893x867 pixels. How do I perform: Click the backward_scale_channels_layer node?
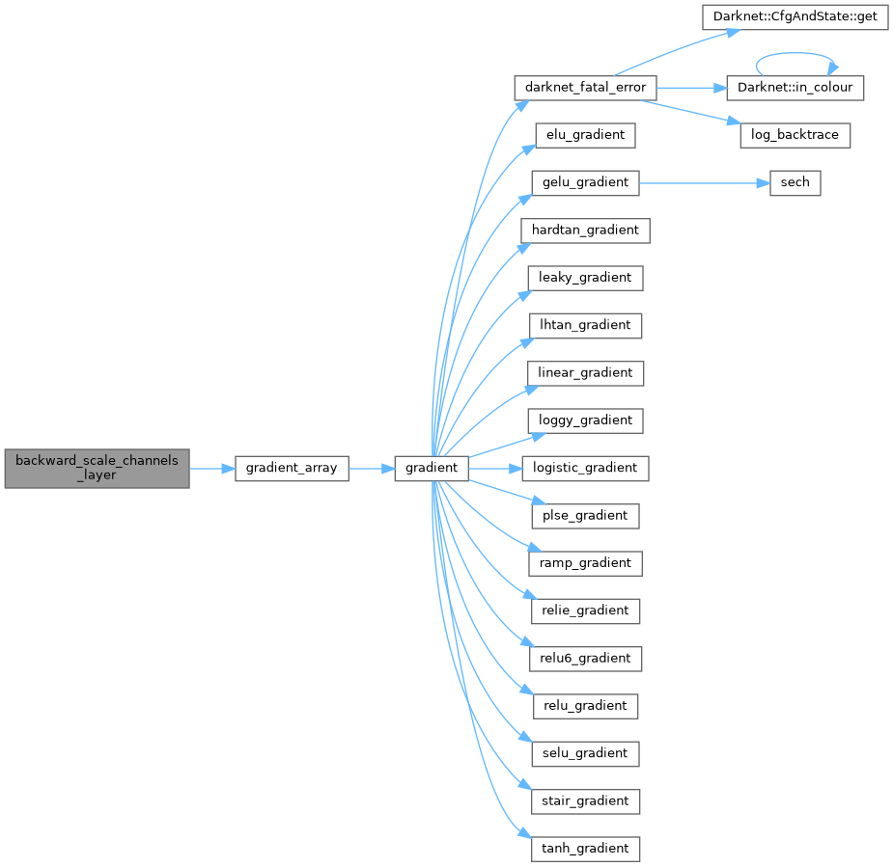coord(97,468)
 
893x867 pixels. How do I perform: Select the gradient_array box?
coord(292,468)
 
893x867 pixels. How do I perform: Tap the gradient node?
coord(432,468)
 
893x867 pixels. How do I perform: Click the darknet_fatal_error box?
coord(585,87)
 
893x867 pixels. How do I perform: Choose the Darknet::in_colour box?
coord(795,87)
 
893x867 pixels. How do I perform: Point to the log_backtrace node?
coord(795,135)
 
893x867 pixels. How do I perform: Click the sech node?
coord(795,182)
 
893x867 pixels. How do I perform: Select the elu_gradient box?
coord(584,135)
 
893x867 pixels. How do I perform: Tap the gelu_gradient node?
coord(585,182)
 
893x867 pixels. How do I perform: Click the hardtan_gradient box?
coord(585,230)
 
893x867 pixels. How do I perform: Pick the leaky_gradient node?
coord(585,278)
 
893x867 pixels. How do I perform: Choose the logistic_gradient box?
coord(585,468)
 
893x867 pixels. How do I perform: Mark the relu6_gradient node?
coord(585,658)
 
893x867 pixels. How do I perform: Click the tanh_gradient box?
coord(585,849)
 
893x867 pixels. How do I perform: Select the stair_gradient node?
coord(585,800)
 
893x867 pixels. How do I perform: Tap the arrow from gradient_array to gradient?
coord(371,468)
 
